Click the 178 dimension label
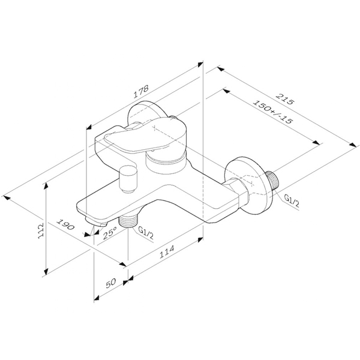pyautogui.click(x=142, y=91)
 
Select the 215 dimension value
pyautogui.click(x=284, y=99)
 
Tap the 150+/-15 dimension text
pyautogui.click(x=273, y=112)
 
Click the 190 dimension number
pyautogui.click(x=65, y=224)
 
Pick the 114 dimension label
pyautogui.click(x=167, y=252)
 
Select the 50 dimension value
pyautogui.click(x=111, y=283)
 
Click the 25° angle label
pyautogui.click(x=110, y=233)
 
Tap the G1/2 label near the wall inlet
pyautogui.click(x=292, y=200)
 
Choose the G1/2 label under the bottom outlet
pyautogui.click(x=146, y=232)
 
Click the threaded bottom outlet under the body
pyautogui.click(x=127, y=220)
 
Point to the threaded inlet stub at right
pyautogui.click(x=272, y=180)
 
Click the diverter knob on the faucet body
pyautogui.click(x=128, y=179)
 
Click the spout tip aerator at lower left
pyautogui.click(x=97, y=222)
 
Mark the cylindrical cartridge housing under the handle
pyautogui.click(x=166, y=163)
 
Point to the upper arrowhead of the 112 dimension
pyautogui.click(x=46, y=186)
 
